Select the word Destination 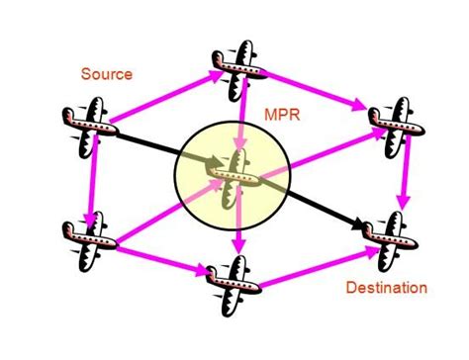[387, 289]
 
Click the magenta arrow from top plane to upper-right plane [317, 91]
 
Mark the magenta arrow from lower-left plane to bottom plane [158, 259]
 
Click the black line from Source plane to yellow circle [143, 142]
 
